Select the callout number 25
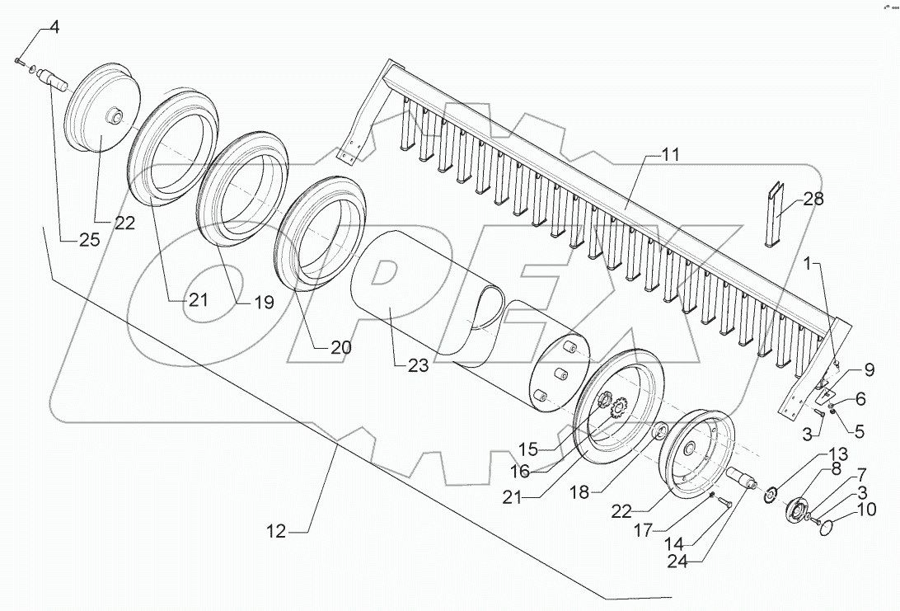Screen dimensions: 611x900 point(89,241)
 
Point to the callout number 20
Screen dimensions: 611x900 point(340,347)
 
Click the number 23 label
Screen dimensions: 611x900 point(418,366)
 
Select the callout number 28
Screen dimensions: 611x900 point(813,200)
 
